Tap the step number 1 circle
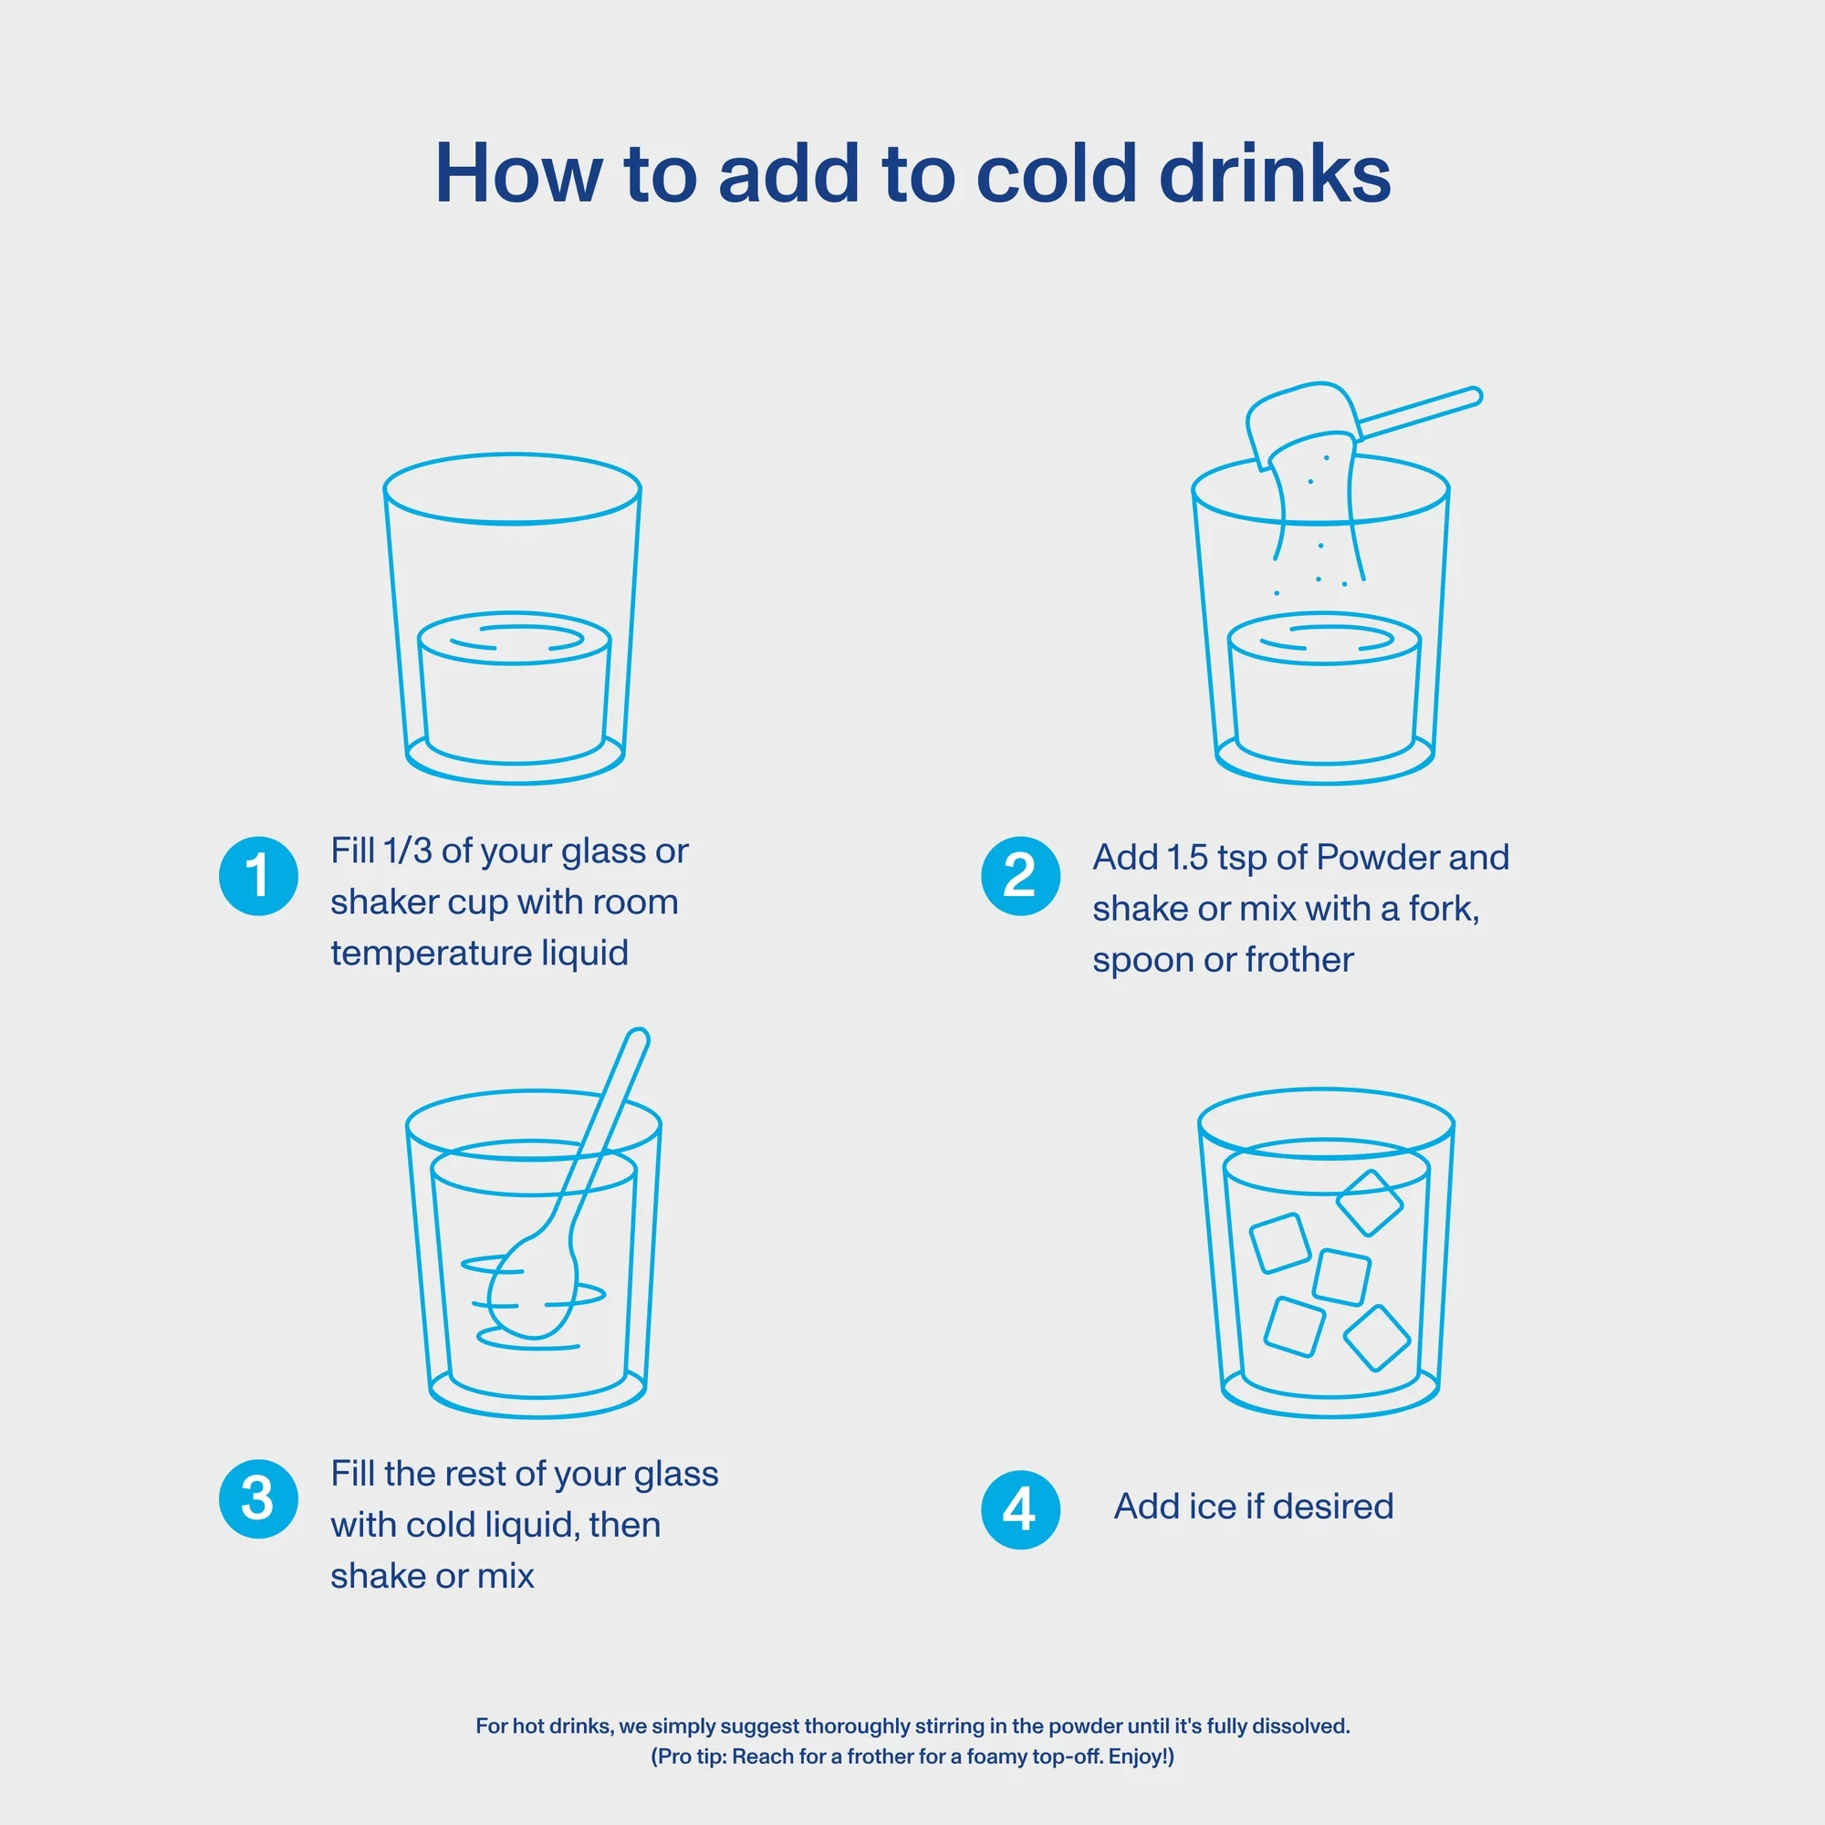click(x=258, y=876)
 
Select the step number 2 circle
click(x=1020, y=876)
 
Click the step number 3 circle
click(x=258, y=1498)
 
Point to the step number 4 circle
click(x=1020, y=1509)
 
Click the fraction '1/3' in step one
click(x=407, y=851)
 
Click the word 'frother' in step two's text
click(x=1298, y=960)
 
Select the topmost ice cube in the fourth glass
click(x=1370, y=1203)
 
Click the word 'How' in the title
click(x=517, y=173)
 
